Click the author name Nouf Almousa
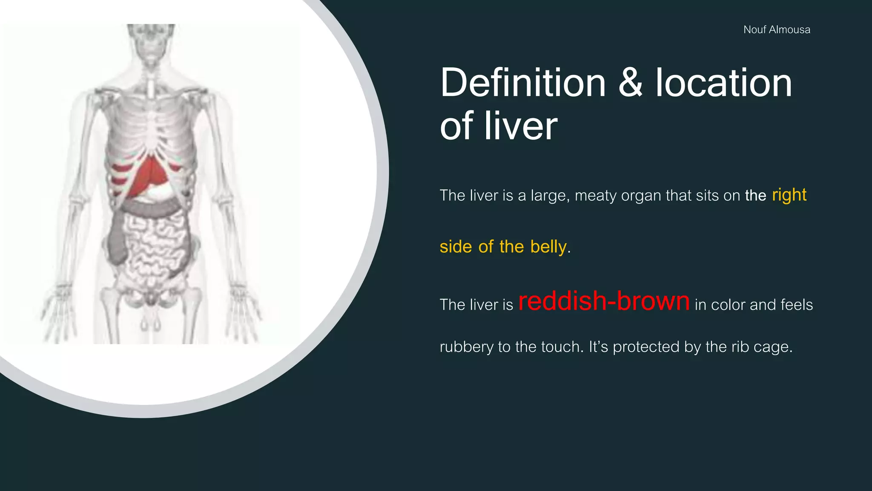777,30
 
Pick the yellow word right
789,195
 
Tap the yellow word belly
548,247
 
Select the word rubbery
466,347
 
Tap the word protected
646,347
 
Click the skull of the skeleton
151,43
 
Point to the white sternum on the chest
152,87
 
